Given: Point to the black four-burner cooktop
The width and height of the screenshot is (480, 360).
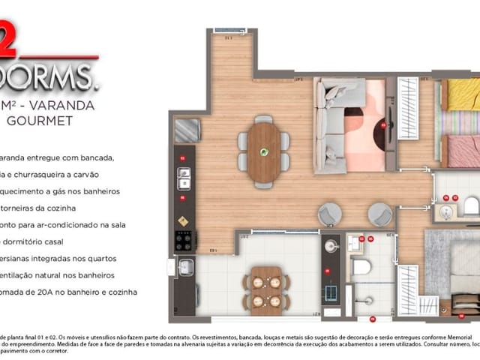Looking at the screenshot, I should [184, 241].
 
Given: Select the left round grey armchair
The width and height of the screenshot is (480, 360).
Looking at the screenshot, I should [330, 214].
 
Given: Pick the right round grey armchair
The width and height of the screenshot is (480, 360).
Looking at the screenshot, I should [380, 214].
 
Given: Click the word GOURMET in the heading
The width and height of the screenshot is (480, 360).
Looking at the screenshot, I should [40, 118].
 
